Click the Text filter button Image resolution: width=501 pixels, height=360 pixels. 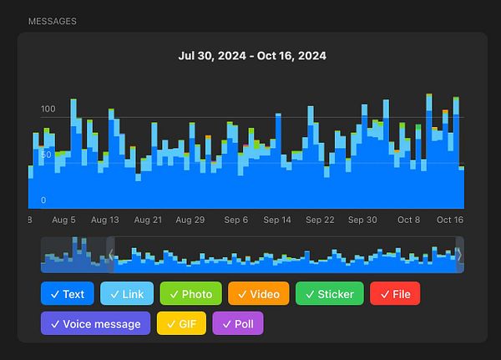(67, 294)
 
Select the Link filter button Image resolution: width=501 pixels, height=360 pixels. (127, 294)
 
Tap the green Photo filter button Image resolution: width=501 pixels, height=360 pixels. (190, 294)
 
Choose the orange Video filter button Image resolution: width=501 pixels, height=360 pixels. (258, 294)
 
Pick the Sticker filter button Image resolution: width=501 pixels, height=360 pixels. (329, 294)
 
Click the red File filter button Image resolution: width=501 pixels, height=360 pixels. (395, 294)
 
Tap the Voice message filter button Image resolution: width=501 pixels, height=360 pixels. (95, 323)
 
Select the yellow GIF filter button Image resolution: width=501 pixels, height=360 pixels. (180, 323)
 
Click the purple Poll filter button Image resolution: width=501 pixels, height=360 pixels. (238, 323)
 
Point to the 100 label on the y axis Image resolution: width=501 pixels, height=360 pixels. (48, 109)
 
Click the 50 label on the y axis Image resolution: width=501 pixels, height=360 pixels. (47, 155)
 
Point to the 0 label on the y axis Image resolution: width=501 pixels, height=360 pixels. (43, 200)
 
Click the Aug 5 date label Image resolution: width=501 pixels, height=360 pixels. (63, 220)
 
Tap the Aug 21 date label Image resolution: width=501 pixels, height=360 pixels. (147, 220)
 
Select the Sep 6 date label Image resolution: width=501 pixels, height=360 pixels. (236, 220)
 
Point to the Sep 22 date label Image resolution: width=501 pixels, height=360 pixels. (320, 220)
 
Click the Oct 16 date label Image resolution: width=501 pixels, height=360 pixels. (449, 220)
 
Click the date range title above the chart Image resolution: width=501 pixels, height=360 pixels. (252, 56)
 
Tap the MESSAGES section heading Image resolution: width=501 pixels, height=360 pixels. (52, 20)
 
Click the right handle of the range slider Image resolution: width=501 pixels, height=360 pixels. (459, 255)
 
